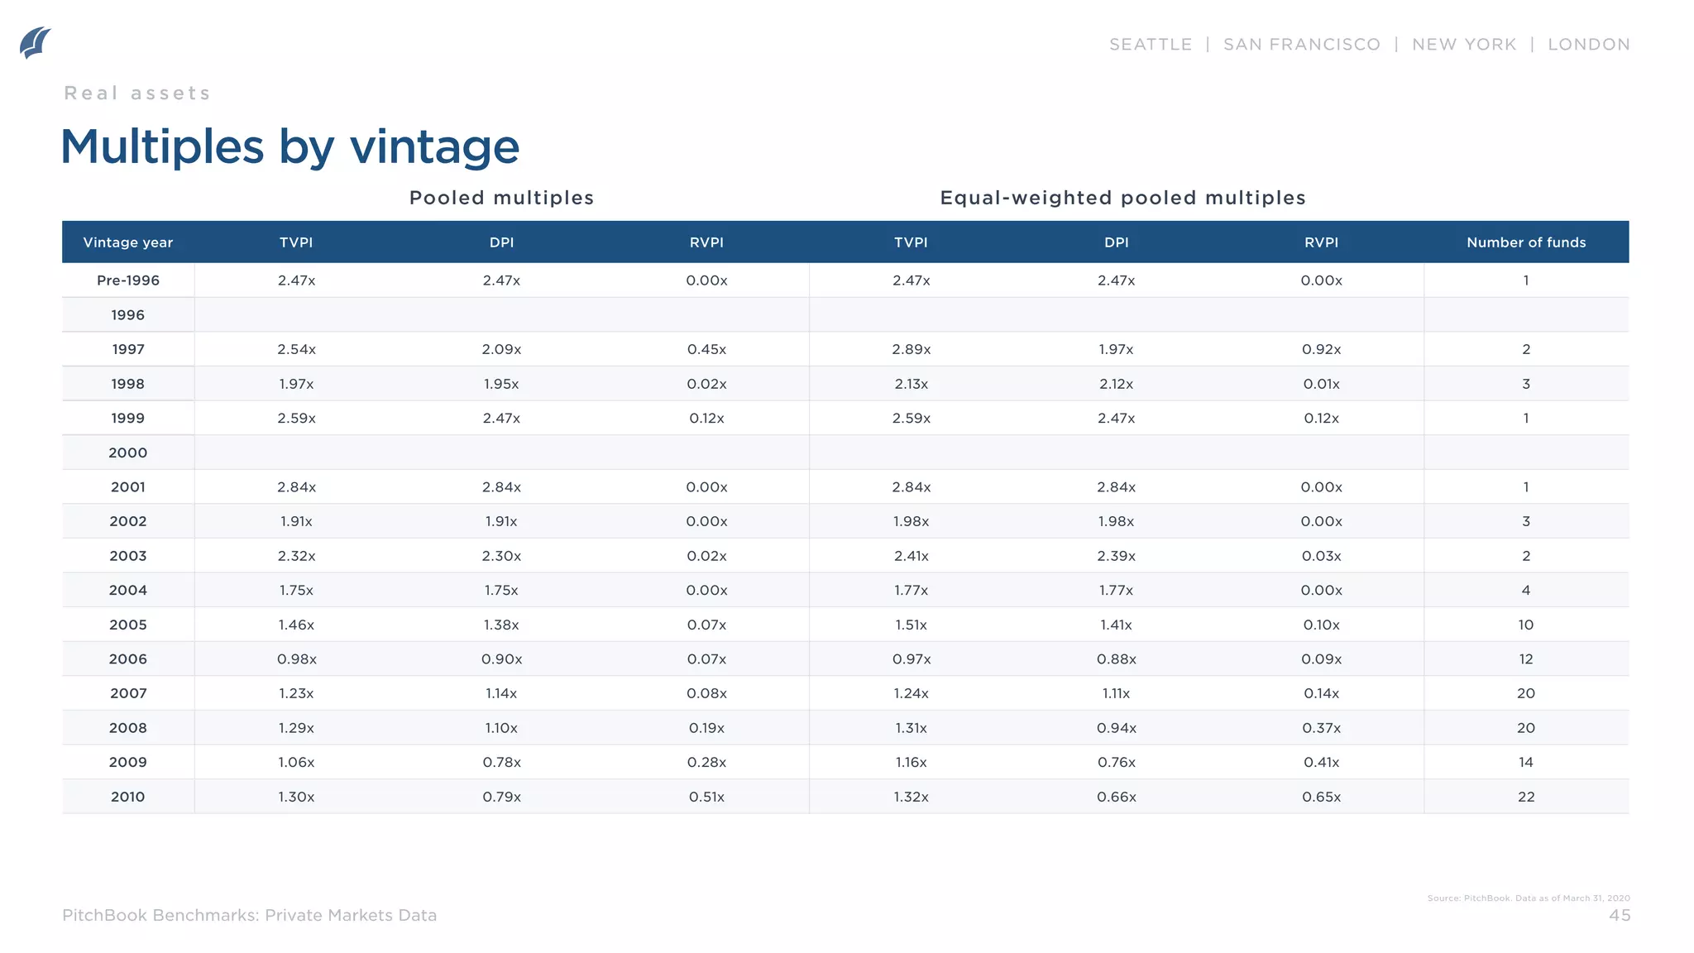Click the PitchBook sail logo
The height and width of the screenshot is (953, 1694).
coord(35,43)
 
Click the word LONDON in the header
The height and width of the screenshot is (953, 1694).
coord(1588,45)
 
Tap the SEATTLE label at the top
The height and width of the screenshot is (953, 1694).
coord(1151,45)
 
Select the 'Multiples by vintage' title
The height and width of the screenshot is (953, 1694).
coord(290,147)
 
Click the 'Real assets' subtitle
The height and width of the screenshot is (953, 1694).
coord(137,93)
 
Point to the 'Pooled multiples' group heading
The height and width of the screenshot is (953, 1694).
coord(501,198)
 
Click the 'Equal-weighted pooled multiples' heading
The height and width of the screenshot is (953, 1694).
coord(1122,198)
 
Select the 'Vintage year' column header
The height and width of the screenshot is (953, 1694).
coord(128,242)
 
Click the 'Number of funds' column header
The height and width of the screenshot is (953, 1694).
coord(1525,242)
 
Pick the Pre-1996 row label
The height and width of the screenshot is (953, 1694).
coord(128,280)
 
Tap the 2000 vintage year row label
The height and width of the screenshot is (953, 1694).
coord(128,453)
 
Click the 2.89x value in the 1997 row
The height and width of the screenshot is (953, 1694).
coord(911,349)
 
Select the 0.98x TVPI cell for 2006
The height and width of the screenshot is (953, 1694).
coord(296,659)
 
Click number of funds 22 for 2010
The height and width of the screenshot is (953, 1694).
coord(1525,797)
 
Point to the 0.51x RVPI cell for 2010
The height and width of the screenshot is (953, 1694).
coord(706,797)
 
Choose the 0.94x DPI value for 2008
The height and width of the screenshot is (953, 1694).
coord(1116,728)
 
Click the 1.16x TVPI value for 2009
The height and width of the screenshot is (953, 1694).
coord(911,763)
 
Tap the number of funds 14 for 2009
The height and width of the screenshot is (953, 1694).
coord(1525,763)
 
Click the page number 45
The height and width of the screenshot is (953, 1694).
coord(1619,915)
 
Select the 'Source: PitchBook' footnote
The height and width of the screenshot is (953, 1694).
coord(1528,898)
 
